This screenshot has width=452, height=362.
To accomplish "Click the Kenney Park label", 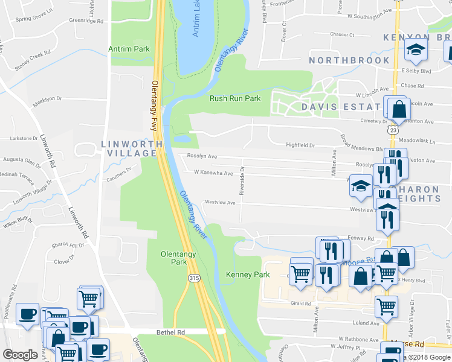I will point(247,275).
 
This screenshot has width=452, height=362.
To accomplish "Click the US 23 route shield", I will point(393,130).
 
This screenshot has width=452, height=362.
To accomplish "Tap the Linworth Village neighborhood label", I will point(132,149).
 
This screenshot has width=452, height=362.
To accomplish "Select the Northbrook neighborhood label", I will point(349,60).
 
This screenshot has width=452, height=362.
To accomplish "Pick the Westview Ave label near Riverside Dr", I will point(220,203).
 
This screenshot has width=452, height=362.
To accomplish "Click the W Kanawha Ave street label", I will point(213,173).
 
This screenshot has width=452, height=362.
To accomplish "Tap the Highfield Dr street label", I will point(300,145).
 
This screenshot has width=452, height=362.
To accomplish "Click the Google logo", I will point(20,354).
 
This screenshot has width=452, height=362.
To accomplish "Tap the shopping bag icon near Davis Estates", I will point(399,110).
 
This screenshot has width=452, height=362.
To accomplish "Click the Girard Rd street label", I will point(300,303).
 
